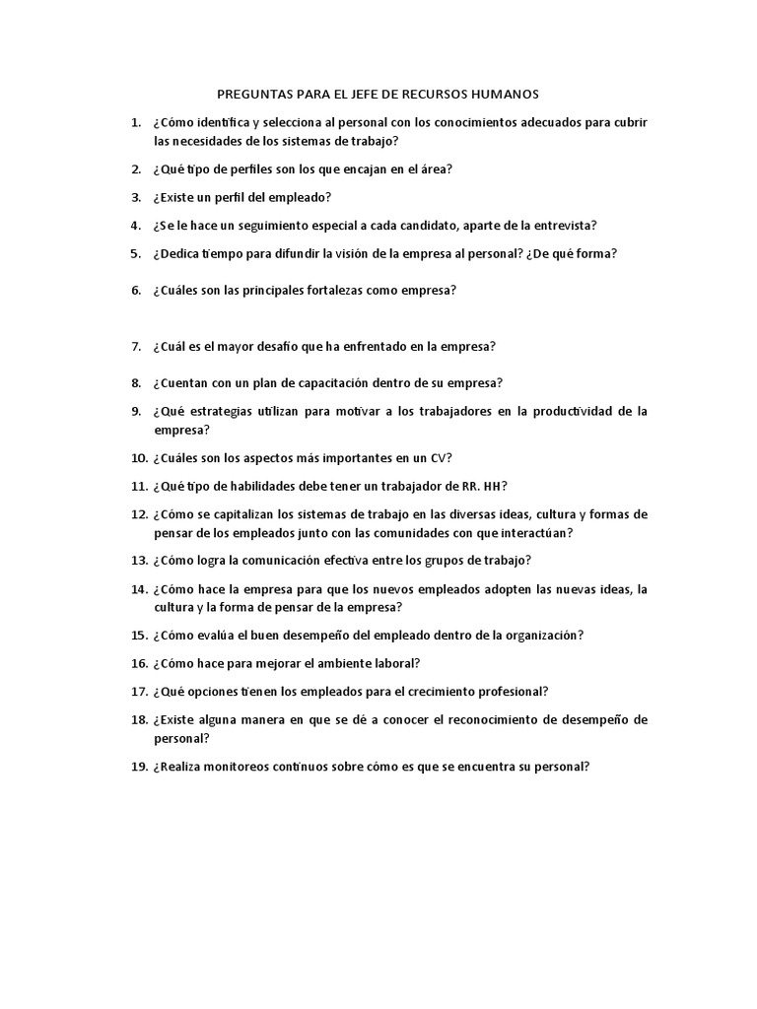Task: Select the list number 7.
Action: tap(137, 347)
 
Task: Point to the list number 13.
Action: tap(138, 561)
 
